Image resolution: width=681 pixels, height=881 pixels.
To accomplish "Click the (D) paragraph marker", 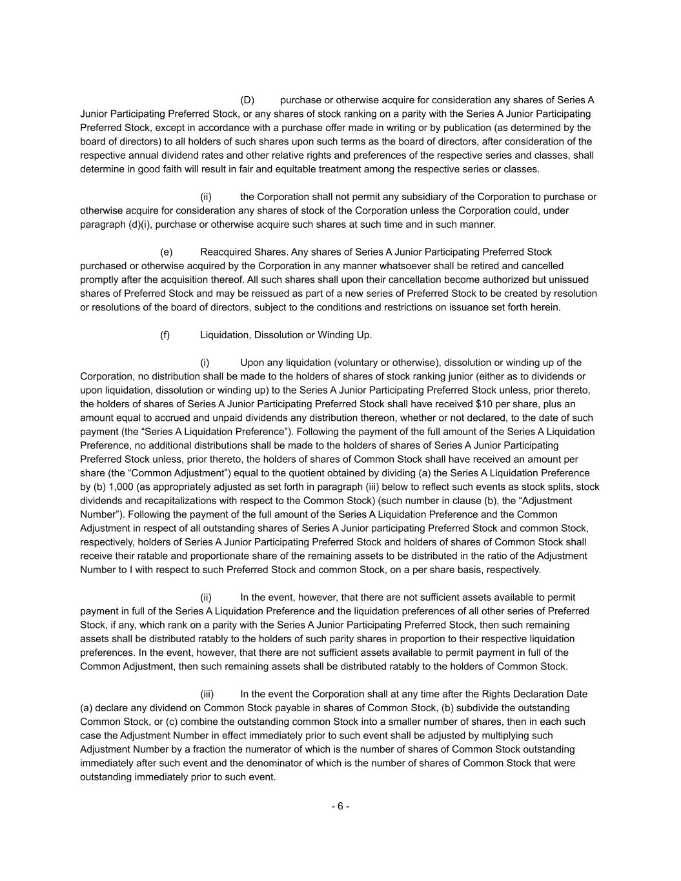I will pos(247,100).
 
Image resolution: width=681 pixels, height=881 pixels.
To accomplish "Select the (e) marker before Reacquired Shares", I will pos(166,252).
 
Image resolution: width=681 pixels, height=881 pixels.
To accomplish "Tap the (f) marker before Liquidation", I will pos(165,335).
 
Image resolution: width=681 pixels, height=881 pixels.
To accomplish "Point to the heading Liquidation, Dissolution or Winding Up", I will pos(286,335).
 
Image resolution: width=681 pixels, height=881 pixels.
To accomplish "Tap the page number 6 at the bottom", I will pos(340,806).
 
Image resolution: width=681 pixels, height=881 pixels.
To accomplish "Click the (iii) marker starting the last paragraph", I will pos(207,694).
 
